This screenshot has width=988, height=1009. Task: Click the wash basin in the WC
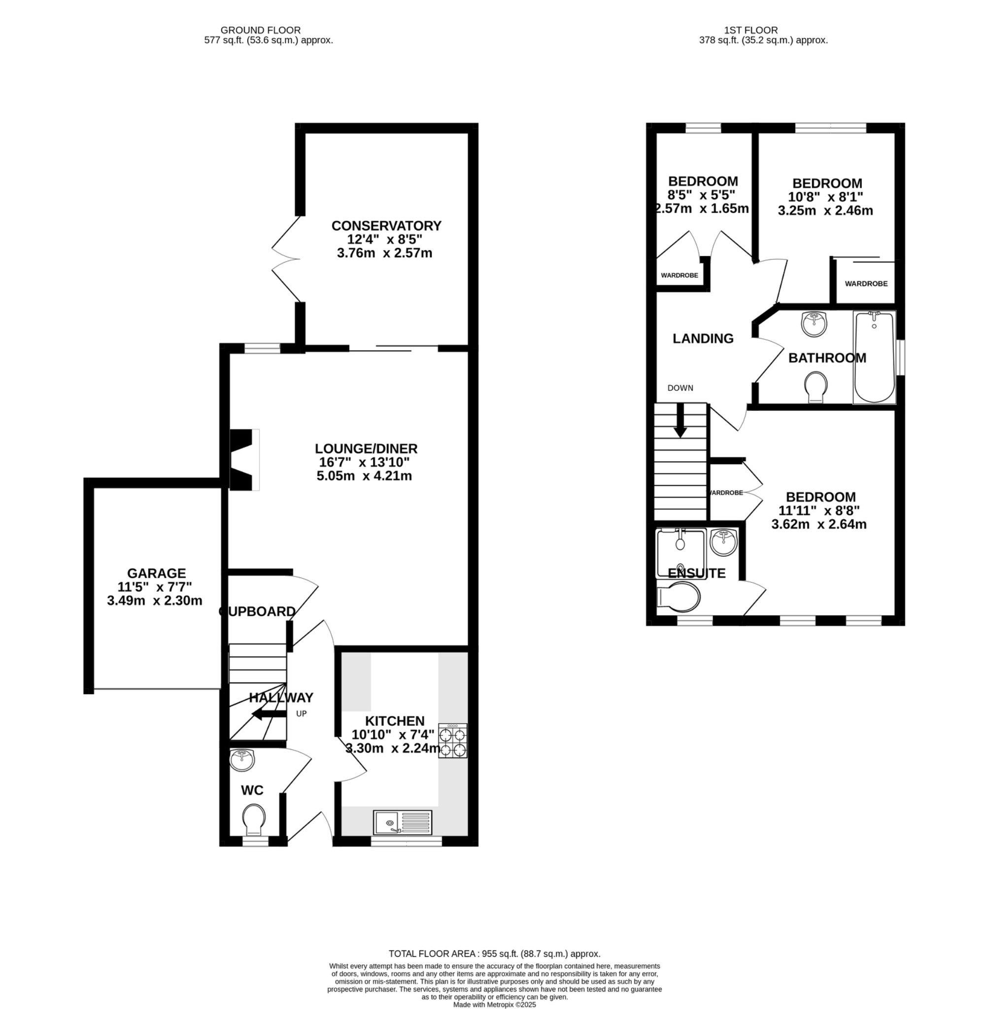(242, 761)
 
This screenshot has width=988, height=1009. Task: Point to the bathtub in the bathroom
(874, 357)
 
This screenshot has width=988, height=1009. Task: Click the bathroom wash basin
(814, 324)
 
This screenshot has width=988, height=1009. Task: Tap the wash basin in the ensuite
(723, 542)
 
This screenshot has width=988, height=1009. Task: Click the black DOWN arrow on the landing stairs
(680, 421)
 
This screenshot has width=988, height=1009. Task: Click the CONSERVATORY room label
(386, 226)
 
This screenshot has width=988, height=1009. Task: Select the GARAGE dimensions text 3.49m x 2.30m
(155, 601)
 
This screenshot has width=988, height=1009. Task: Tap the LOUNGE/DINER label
(366, 448)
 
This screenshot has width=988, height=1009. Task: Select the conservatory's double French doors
(286, 258)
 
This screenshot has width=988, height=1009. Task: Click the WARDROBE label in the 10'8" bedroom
(866, 284)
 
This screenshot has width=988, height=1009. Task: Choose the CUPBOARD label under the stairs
(257, 611)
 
